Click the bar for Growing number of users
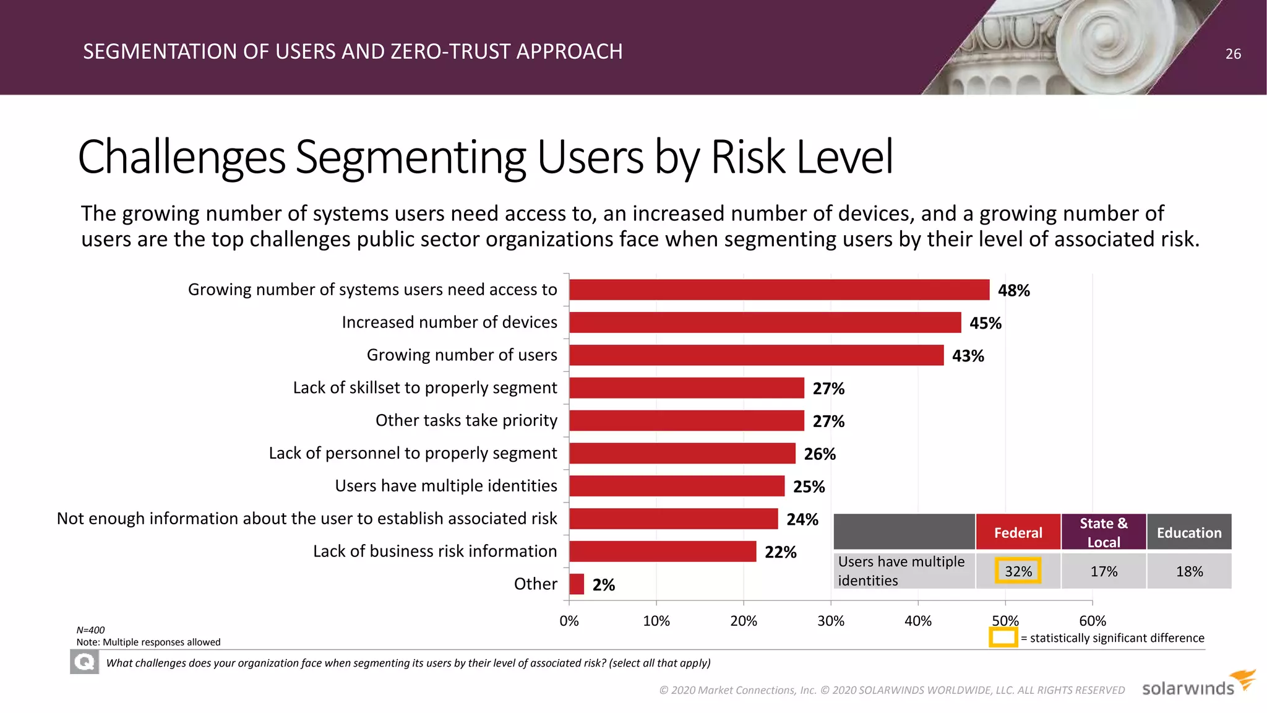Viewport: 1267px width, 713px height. pos(756,355)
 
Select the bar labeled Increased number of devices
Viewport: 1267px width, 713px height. pos(765,322)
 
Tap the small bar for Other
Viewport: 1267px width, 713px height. pos(577,584)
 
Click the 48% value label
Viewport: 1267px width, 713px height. pos(1013,290)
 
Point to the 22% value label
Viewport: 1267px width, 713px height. pos(780,552)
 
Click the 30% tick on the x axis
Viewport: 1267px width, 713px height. pos(830,621)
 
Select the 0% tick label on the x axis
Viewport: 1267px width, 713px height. pos(569,621)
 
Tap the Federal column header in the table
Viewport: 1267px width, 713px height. pos(1018,532)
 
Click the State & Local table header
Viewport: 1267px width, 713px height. pos(1103,532)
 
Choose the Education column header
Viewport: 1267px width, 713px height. pos(1188,532)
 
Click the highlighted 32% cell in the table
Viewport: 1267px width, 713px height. pos(1018,571)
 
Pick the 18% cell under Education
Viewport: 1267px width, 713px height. pos(1188,571)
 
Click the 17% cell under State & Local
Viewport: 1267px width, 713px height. pos(1103,571)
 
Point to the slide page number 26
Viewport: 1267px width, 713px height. pos(1233,54)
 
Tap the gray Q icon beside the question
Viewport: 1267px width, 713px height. pos(84,662)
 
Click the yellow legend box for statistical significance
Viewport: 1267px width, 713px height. pos(1003,637)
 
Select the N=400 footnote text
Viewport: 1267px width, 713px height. pos(90,630)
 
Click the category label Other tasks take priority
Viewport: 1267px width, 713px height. pos(466,420)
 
